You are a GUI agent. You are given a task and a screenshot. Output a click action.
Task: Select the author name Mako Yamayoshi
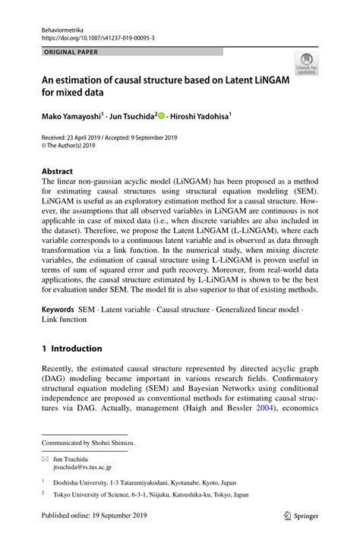73,118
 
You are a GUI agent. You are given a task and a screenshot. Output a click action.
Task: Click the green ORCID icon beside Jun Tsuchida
162,118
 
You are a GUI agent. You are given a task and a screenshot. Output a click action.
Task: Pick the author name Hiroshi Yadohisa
200,118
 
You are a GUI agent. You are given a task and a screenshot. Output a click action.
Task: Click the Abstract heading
57,172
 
